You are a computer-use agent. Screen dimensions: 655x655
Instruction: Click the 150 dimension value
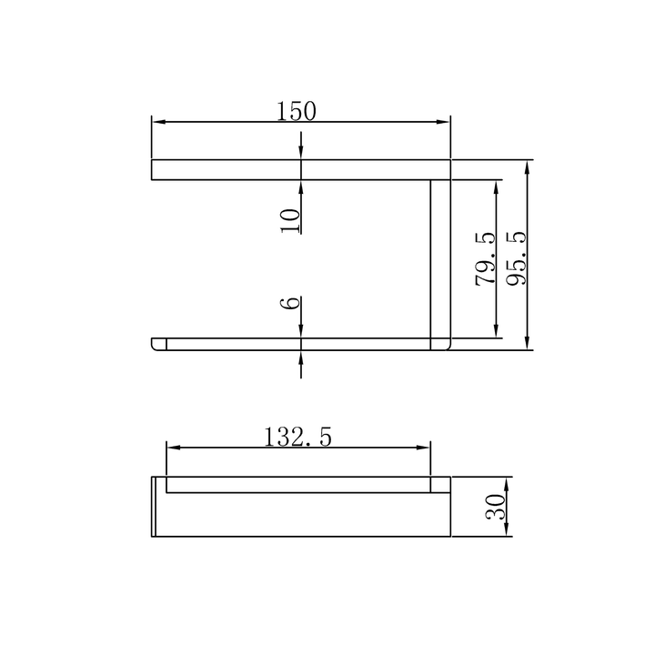coord(297,111)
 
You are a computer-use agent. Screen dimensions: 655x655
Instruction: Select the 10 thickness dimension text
coord(291,220)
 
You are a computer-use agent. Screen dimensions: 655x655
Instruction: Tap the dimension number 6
coord(290,302)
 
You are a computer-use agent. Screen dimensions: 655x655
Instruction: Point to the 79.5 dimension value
coord(485,259)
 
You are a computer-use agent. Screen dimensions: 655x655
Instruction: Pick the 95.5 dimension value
coord(517,258)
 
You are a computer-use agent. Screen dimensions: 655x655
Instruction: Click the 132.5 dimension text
coord(297,437)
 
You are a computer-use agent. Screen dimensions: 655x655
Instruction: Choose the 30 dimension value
coord(496,507)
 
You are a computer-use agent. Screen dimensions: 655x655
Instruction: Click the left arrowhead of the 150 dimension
coord(158,122)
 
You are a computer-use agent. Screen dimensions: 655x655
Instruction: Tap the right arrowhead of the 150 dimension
coord(443,122)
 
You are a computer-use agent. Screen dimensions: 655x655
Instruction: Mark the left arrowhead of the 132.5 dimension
coord(174,448)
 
